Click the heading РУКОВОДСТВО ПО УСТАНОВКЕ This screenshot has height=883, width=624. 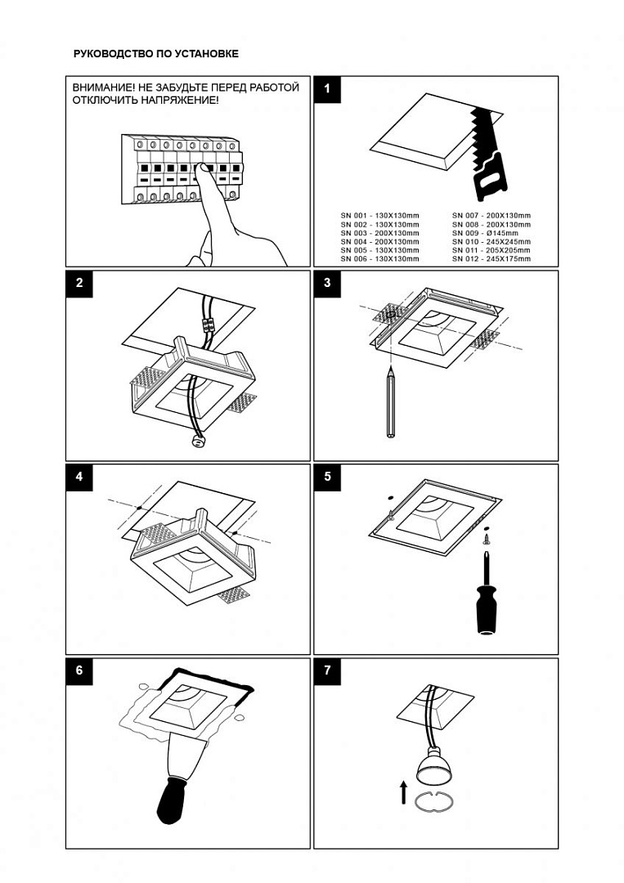156,54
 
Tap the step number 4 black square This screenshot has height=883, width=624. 79,477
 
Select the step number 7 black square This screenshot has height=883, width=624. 327,670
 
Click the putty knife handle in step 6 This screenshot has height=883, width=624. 175,799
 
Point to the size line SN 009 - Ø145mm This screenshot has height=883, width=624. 491,233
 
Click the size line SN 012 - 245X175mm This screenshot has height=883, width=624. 491,259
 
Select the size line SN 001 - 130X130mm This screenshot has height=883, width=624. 379,214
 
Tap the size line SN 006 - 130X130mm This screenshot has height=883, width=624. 379,259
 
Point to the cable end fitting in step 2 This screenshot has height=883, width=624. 197,441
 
